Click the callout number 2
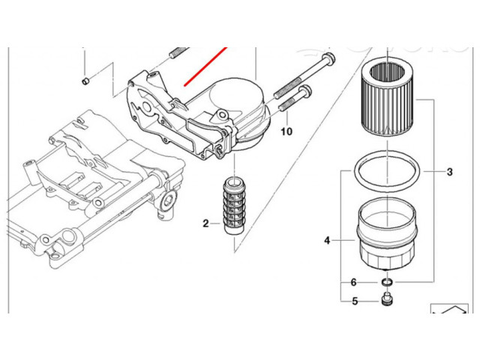(205, 223)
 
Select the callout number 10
(286, 131)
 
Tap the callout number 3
(449, 172)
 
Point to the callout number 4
(327, 241)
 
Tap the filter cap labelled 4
(387, 232)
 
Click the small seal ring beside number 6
(388, 282)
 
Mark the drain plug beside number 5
(387, 301)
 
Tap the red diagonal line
(208, 67)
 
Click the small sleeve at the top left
(85, 81)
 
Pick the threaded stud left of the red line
(178, 53)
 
